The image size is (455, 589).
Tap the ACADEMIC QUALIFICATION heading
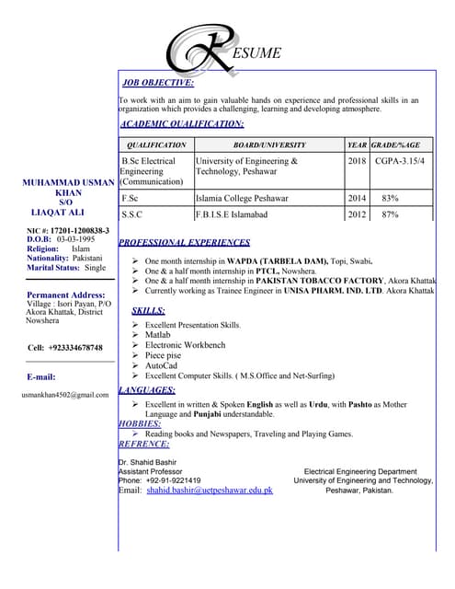pos(182,123)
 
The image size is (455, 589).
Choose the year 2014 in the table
pos(357,198)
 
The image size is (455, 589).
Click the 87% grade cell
pos(390,214)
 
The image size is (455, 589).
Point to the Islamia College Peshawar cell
pos(242,198)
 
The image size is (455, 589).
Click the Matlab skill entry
pos(159,335)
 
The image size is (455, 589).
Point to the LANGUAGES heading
pos(147,390)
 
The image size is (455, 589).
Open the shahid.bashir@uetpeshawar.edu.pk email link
pos(210,490)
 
